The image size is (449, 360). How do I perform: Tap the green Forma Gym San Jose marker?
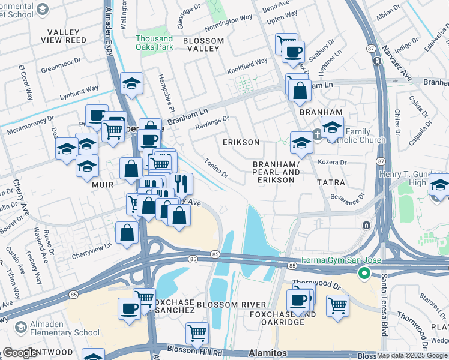pyautogui.click(x=363, y=273)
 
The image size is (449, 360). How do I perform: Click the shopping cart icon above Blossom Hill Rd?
pyautogui.click(x=197, y=333)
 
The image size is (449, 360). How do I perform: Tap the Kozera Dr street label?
pyautogui.click(x=335, y=163)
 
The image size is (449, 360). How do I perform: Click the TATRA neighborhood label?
pyautogui.click(x=331, y=182)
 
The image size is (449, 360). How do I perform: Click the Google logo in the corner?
pyautogui.click(x=20, y=353)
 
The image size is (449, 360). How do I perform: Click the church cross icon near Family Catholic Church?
pyautogui.click(x=318, y=134)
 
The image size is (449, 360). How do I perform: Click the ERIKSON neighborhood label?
pyautogui.click(x=241, y=142)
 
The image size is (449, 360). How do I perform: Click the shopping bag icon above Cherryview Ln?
pyautogui.click(x=127, y=233)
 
